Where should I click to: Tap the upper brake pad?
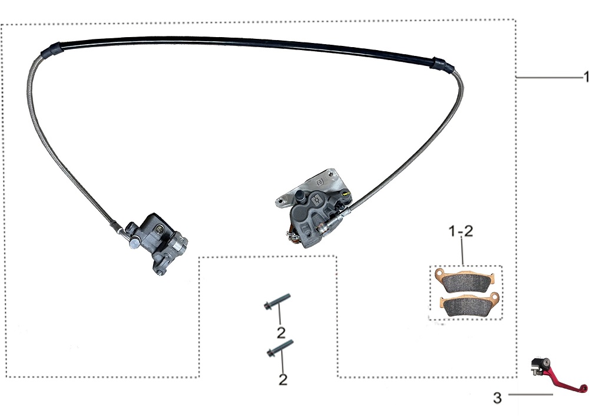pyautogui.click(x=465, y=280)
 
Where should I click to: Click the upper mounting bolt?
pyautogui.click(x=277, y=302)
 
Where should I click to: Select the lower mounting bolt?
pyautogui.click(x=280, y=349)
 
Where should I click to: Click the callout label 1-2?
pyautogui.click(x=461, y=231)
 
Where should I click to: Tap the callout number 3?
pyautogui.click(x=497, y=398)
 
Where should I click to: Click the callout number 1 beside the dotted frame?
pyautogui.click(x=585, y=77)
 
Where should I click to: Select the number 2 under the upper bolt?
pyautogui.click(x=281, y=333)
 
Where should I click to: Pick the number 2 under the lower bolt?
pyautogui.click(x=283, y=379)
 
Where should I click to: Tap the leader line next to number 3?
pyautogui.click(x=531, y=395)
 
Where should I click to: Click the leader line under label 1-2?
pyautogui.click(x=463, y=252)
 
